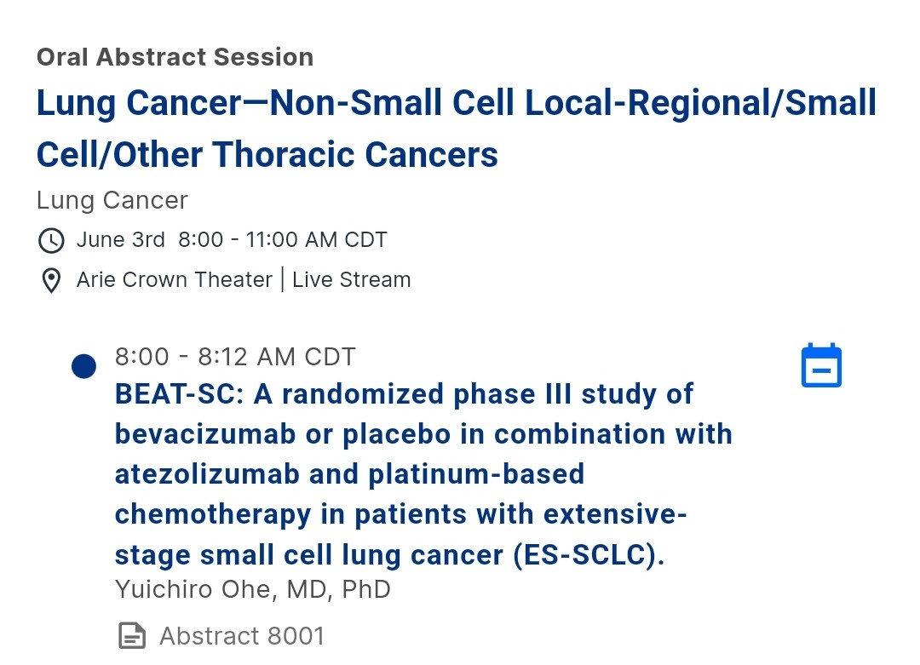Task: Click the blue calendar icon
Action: click(821, 365)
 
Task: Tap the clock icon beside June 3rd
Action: click(51, 240)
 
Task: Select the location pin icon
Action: click(51, 280)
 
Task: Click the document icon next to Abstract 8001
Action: click(132, 636)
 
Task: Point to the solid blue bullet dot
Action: click(83, 366)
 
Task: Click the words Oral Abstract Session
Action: click(175, 57)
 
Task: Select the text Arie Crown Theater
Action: click(175, 280)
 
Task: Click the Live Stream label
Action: click(352, 280)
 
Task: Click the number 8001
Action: click(295, 636)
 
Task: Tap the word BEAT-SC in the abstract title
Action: click(179, 394)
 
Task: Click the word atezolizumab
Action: click(207, 474)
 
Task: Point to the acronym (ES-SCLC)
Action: click(589, 555)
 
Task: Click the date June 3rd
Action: click(120, 240)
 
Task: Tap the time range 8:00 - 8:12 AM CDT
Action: click(235, 357)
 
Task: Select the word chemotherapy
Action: click(213, 515)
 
